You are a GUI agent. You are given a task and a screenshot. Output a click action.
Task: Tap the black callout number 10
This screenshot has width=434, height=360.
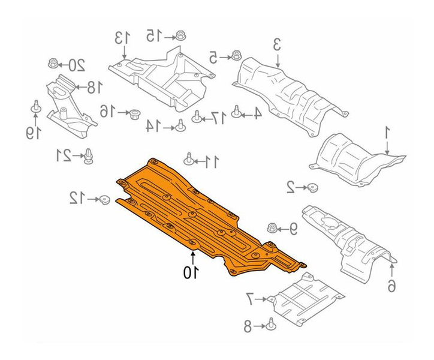click(191, 272)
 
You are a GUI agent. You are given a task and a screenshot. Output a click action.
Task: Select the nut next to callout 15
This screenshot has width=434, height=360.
click(180, 36)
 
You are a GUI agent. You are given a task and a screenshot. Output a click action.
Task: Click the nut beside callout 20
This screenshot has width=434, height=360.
click(53, 64)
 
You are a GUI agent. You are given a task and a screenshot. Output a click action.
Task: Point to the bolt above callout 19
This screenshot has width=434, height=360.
click(36, 107)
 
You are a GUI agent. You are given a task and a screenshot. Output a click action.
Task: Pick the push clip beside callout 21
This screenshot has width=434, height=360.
click(89, 157)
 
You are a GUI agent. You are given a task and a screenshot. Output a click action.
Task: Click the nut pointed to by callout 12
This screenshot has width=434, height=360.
click(105, 200)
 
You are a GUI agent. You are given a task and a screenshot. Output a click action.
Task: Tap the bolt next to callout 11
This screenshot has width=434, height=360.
click(189, 160)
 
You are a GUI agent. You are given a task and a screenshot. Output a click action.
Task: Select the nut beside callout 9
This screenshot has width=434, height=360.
click(272, 229)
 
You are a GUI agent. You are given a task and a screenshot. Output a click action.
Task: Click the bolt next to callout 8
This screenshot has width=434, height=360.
click(270, 324)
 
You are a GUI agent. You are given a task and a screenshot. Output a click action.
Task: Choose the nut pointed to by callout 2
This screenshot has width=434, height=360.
click(313, 188)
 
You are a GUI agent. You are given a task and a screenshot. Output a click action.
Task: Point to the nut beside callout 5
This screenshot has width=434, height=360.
click(236, 55)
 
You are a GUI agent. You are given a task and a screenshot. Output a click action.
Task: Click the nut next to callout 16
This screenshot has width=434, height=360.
click(135, 113)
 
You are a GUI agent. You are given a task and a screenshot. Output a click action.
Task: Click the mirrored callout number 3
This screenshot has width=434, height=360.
click(277, 45)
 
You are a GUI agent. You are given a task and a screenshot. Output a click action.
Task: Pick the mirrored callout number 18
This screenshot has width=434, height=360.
click(94, 87)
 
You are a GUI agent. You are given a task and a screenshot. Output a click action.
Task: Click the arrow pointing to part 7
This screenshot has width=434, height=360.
click(260, 299)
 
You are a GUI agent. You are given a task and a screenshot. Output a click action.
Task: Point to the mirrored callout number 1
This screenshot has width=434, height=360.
click(387, 134)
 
